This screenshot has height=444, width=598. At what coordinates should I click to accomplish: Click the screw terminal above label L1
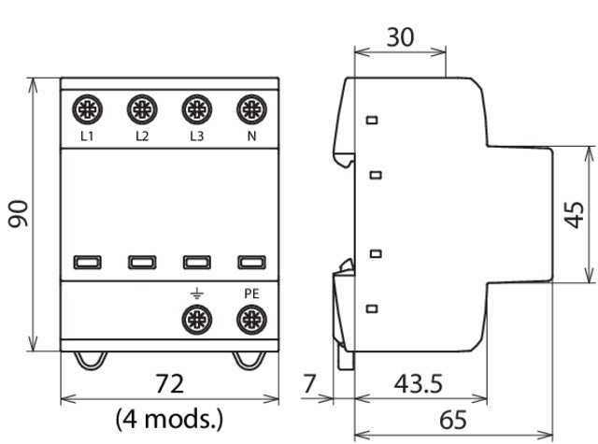click(87, 109)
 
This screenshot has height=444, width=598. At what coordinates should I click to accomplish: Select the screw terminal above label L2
click(141, 109)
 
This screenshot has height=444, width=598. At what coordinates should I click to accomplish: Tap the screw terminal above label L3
click(195, 109)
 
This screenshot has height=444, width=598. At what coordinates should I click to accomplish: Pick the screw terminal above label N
click(249, 109)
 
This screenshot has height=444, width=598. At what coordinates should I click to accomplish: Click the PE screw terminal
click(249, 320)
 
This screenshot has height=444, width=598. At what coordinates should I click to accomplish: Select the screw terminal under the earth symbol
click(195, 320)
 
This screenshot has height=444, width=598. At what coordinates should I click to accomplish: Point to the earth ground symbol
click(195, 293)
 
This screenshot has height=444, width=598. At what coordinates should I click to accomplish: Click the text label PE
click(249, 293)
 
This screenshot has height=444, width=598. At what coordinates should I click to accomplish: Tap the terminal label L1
click(87, 136)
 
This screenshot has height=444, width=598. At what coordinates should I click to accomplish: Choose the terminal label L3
click(195, 136)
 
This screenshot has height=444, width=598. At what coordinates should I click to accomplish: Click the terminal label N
click(249, 136)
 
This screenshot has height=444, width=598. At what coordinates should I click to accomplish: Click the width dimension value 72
click(169, 383)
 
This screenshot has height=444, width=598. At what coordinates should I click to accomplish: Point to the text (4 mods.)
click(169, 416)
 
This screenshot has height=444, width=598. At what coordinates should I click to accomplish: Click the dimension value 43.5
click(415, 383)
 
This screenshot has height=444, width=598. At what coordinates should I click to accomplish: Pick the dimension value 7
click(310, 383)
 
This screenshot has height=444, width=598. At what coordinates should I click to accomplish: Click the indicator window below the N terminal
click(249, 263)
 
